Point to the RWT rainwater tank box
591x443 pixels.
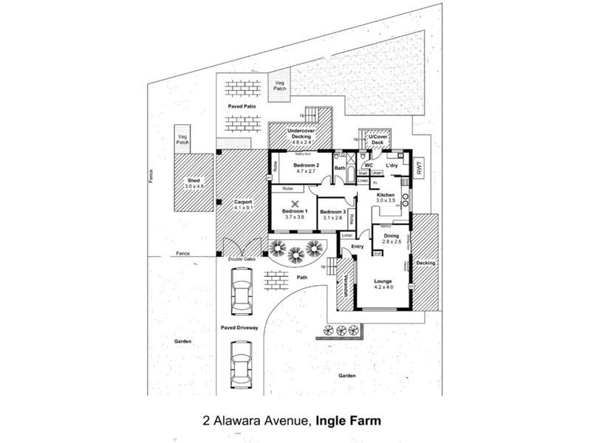pos(420,168)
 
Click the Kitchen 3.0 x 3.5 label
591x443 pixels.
pos(386,197)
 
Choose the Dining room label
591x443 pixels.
pos(391,238)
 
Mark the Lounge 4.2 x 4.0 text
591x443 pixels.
pos(382,282)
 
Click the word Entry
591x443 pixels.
pos(358,247)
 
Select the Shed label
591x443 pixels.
pos(194,182)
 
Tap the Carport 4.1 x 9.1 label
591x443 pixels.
pos(243,204)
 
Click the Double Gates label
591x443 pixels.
pos(242,260)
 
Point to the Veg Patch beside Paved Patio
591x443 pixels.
pos(280,85)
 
